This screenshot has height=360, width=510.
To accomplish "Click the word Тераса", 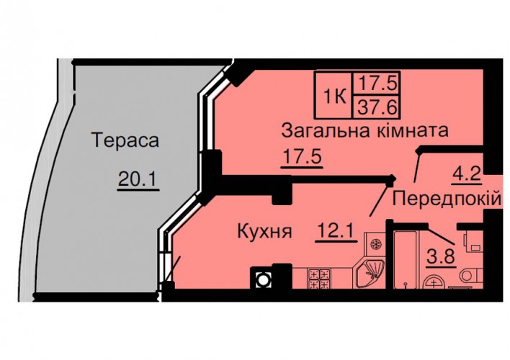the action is (x=125, y=140).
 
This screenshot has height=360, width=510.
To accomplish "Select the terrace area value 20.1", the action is (x=138, y=179).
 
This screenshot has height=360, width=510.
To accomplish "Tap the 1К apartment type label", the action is (x=335, y=96).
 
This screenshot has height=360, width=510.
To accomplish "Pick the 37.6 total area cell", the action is (x=377, y=107).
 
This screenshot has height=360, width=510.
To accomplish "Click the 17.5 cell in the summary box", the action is (x=377, y=84).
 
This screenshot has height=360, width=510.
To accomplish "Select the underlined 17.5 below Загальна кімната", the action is (x=302, y=157).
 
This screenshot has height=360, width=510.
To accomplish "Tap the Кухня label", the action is (x=264, y=233).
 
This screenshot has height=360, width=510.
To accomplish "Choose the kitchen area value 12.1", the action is (x=336, y=232).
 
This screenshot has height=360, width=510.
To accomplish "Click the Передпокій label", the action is (x=447, y=199).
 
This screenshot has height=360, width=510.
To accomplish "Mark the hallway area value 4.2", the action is (x=465, y=174).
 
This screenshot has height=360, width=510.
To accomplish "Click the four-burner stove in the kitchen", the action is (x=318, y=279).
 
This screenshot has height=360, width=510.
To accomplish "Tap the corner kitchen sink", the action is (x=369, y=274).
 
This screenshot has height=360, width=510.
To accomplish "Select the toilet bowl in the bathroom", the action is (x=471, y=276).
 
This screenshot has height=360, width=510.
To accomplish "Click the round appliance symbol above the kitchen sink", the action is (x=375, y=244).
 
